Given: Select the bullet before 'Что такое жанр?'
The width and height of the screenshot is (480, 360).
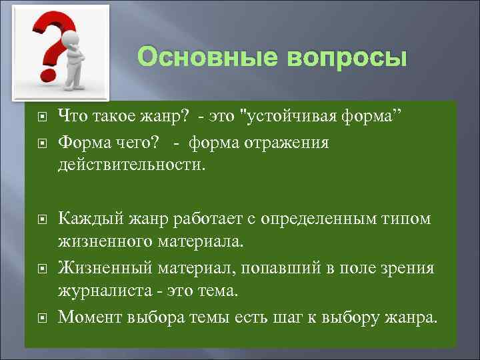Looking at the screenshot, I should point(41,117).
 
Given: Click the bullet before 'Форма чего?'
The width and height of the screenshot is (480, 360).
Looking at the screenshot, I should point(41,143).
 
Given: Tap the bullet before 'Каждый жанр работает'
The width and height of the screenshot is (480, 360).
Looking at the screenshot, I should point(41,219).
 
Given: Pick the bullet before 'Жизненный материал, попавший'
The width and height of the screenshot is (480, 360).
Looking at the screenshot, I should point(41,269).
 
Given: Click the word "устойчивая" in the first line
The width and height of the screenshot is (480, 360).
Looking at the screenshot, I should point(301,117).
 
